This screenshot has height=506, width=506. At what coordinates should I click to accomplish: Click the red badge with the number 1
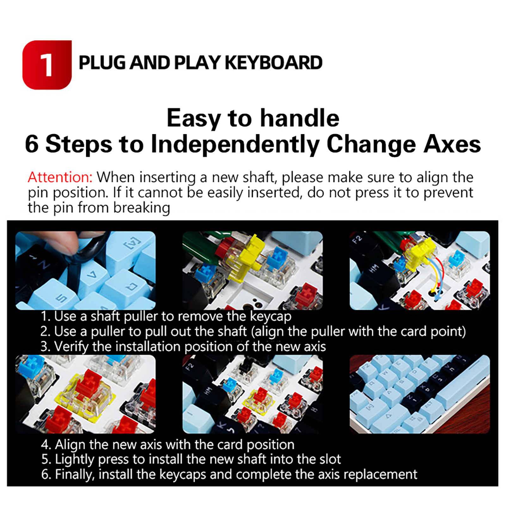coord(47,65)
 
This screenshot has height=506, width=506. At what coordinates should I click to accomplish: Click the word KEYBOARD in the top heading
coord(274,63)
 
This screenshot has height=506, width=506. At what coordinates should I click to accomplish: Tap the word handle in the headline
coord(299,118)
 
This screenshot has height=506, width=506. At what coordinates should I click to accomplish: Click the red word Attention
coord(60,177)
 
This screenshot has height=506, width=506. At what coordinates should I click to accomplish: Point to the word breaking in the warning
coord(142,208)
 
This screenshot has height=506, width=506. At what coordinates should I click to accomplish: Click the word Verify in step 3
coord(71,347)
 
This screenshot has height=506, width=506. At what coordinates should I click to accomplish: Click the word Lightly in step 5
coord(75,460)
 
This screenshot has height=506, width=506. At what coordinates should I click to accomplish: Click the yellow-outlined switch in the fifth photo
coord(258,400)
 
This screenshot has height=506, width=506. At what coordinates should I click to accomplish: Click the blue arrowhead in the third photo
coord(438,298)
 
